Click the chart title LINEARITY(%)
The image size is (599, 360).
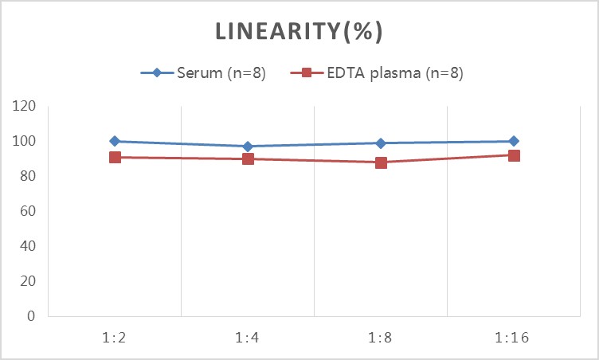299,31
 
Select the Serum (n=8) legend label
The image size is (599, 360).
221,72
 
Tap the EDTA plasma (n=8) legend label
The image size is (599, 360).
395,72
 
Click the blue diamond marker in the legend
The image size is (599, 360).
157,72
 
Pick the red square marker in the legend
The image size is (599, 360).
307,72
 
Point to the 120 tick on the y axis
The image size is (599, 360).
24,106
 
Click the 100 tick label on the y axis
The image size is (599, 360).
24,141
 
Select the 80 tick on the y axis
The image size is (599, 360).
28,176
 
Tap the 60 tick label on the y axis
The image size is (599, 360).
28,211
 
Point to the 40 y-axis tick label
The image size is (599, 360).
28,246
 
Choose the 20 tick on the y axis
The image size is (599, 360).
28,281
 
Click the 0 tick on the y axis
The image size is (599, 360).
31,316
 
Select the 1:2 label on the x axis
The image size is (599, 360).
114,338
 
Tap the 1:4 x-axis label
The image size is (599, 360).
247,338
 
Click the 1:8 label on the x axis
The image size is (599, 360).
380,338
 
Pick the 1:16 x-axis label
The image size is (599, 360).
512,338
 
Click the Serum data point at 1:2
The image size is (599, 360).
115,141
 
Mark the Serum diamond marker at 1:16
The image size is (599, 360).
514,141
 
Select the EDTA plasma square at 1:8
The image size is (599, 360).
381,162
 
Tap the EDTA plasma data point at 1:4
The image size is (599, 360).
248,158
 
